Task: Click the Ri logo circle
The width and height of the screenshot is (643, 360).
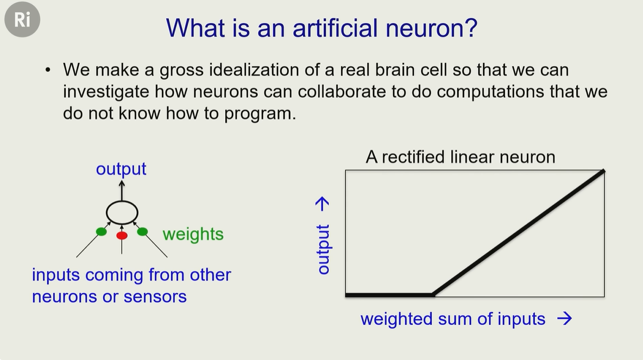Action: [22, 19]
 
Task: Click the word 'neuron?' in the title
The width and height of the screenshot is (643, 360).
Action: [431, 28]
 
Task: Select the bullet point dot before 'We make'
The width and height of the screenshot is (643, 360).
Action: [48, 70]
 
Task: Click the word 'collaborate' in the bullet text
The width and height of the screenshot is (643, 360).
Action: [342, 91]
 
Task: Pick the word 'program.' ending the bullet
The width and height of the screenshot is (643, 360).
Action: [260, 113]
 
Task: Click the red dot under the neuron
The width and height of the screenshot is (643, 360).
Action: [122, 235]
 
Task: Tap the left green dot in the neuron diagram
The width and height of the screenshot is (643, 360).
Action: [102, 232]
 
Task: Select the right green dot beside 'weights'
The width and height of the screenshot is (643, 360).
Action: [142, 232]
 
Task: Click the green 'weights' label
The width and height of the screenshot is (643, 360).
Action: [193, 234]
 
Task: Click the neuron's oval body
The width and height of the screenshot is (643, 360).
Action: [122, 201]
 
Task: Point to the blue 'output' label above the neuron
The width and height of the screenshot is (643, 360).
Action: [121, 169]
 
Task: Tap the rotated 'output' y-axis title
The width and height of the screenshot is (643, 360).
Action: [323, 249]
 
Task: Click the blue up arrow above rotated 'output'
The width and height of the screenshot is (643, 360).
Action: [323, 204]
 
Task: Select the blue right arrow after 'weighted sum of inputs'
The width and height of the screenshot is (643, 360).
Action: [565, 318]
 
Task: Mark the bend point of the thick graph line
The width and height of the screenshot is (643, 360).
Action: [433, 294]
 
